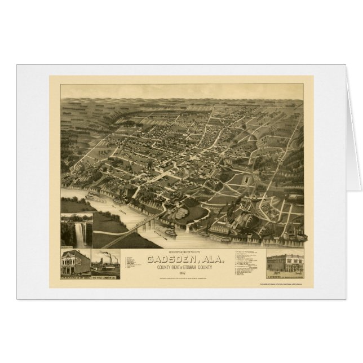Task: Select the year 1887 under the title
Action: pyautogui.click(x=181, y=273)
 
